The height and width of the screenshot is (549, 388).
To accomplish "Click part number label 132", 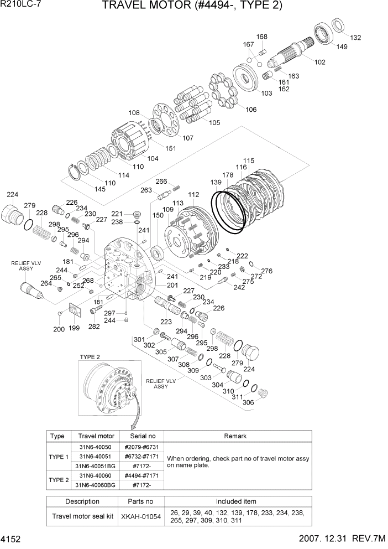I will tap(355, 38).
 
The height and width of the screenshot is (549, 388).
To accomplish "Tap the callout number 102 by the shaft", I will tap(319, 62).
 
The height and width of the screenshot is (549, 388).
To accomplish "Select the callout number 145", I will tap(83, 189).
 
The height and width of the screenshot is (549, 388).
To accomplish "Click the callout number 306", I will tap(248, 402).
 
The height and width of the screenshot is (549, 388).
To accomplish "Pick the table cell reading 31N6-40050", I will tap(97, 447).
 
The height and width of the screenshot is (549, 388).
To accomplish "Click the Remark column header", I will tap(235, 436).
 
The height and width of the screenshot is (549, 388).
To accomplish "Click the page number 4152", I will tap(12, 538).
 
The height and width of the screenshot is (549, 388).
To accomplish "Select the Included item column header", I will tap(235, 501).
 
